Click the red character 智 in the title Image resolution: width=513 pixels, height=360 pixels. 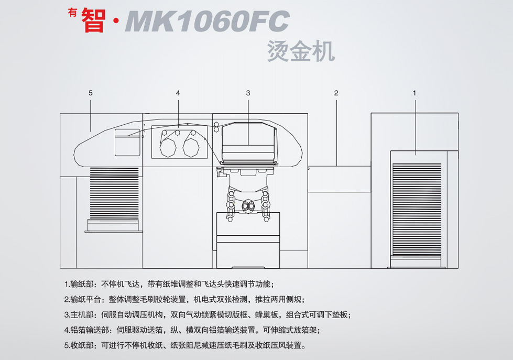(94, 20)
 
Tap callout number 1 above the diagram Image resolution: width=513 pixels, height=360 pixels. (414, 93)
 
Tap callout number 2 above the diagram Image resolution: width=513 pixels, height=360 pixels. (336, 93)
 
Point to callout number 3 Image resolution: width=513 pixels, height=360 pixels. (248, 93)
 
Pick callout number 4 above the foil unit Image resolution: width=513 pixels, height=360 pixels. (178, 93)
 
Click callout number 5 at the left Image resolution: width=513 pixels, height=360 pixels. (91, 93)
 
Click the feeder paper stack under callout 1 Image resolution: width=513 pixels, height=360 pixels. (417, 207)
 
